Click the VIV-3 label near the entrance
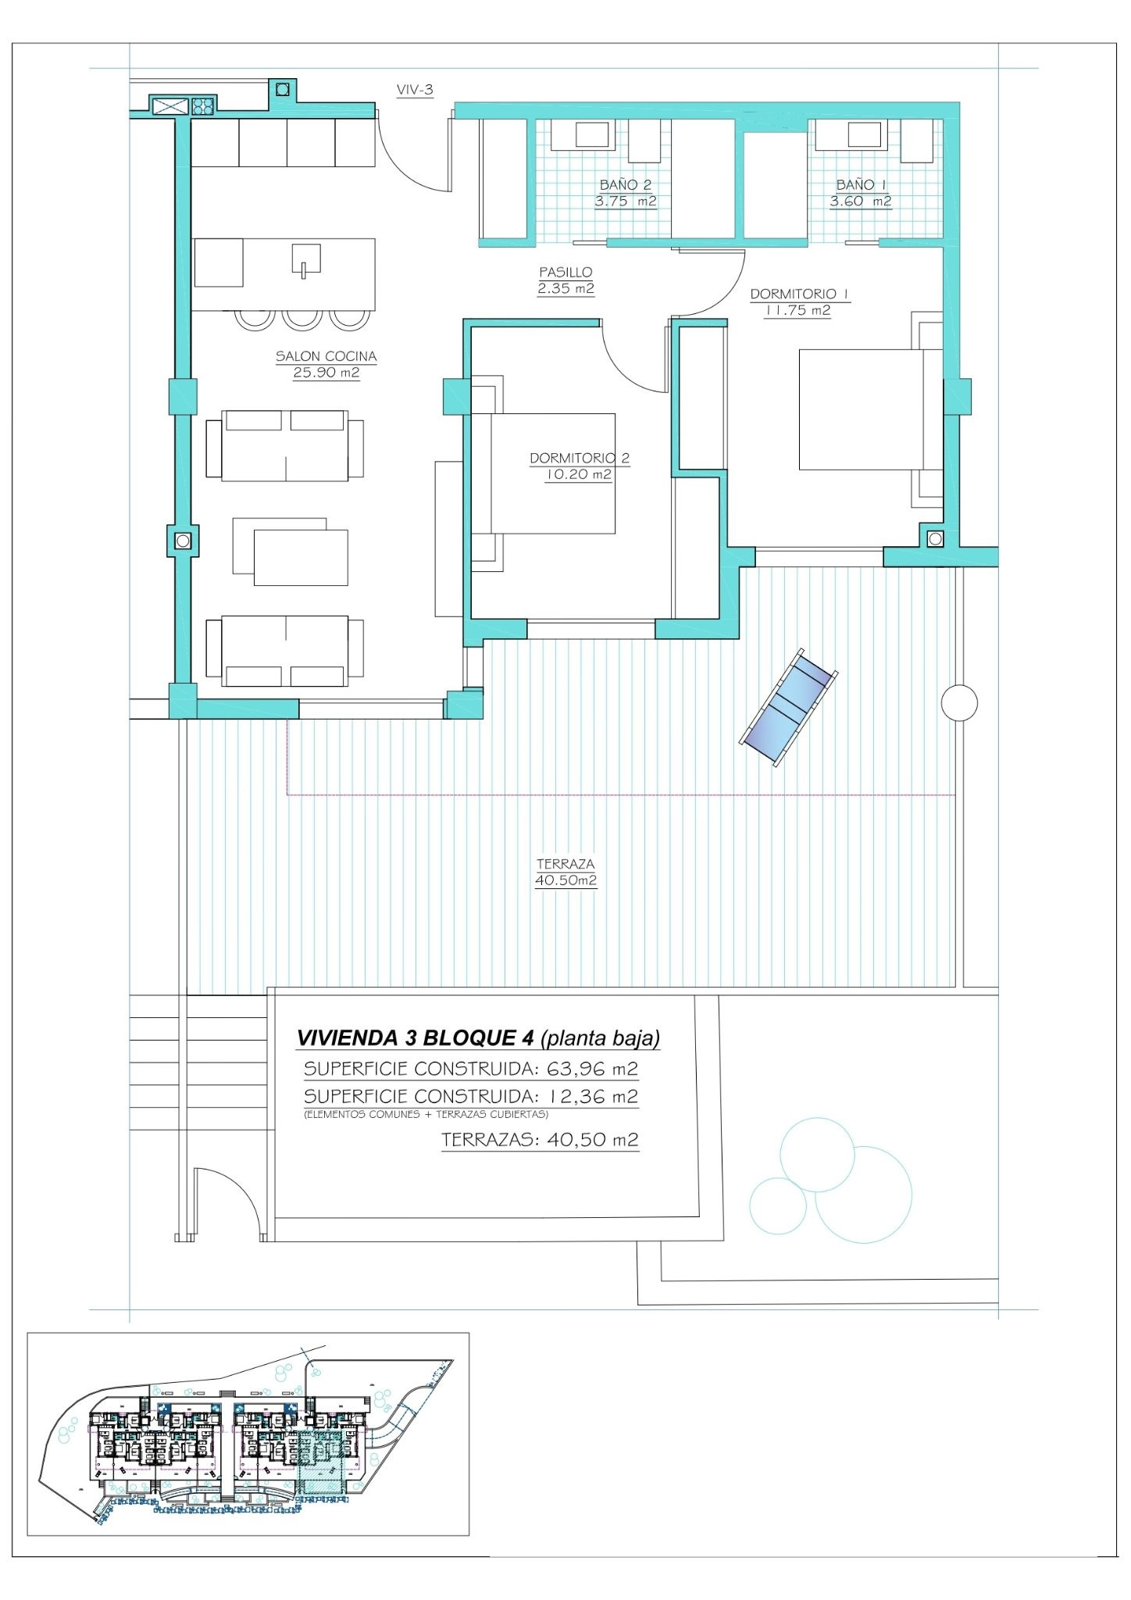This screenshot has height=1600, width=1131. click(415, 90)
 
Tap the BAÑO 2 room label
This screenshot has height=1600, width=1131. click(625, 185)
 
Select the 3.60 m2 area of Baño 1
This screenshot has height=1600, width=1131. click(860, 202)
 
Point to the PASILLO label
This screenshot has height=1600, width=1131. click(565, 272)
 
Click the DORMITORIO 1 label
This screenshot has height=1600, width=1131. click(799, 294)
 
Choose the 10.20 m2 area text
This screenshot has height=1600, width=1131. click(578, 474)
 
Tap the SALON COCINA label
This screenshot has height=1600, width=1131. click(326, 356)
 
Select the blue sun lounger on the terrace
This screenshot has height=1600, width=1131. click(789, 706)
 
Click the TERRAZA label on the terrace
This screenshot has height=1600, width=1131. click(565, 864)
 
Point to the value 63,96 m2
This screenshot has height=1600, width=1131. click(593, 1068)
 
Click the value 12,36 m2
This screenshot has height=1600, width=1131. click(593, 1096)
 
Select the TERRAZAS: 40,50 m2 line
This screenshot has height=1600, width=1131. click(540, 1139)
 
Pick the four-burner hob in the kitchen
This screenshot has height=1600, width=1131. click(203, 105)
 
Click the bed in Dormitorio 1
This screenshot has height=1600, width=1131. click(870, 409)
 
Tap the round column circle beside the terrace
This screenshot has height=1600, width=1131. click(959, 702)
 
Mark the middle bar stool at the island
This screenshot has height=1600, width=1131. click(302, 318)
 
